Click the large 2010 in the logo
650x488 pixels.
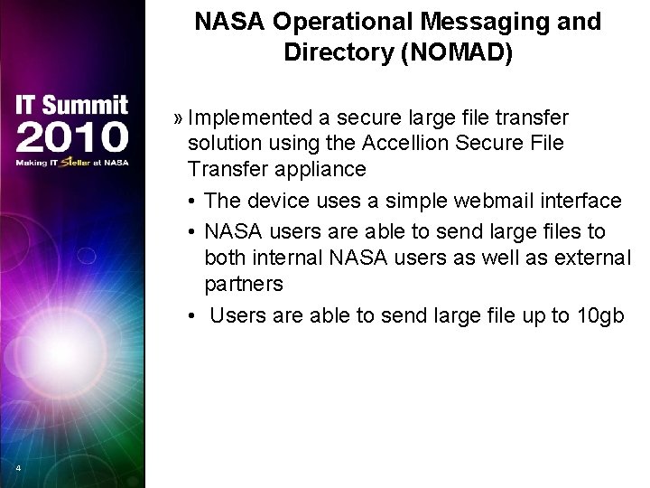71,136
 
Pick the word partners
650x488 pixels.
244,284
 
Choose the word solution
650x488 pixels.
224,144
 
